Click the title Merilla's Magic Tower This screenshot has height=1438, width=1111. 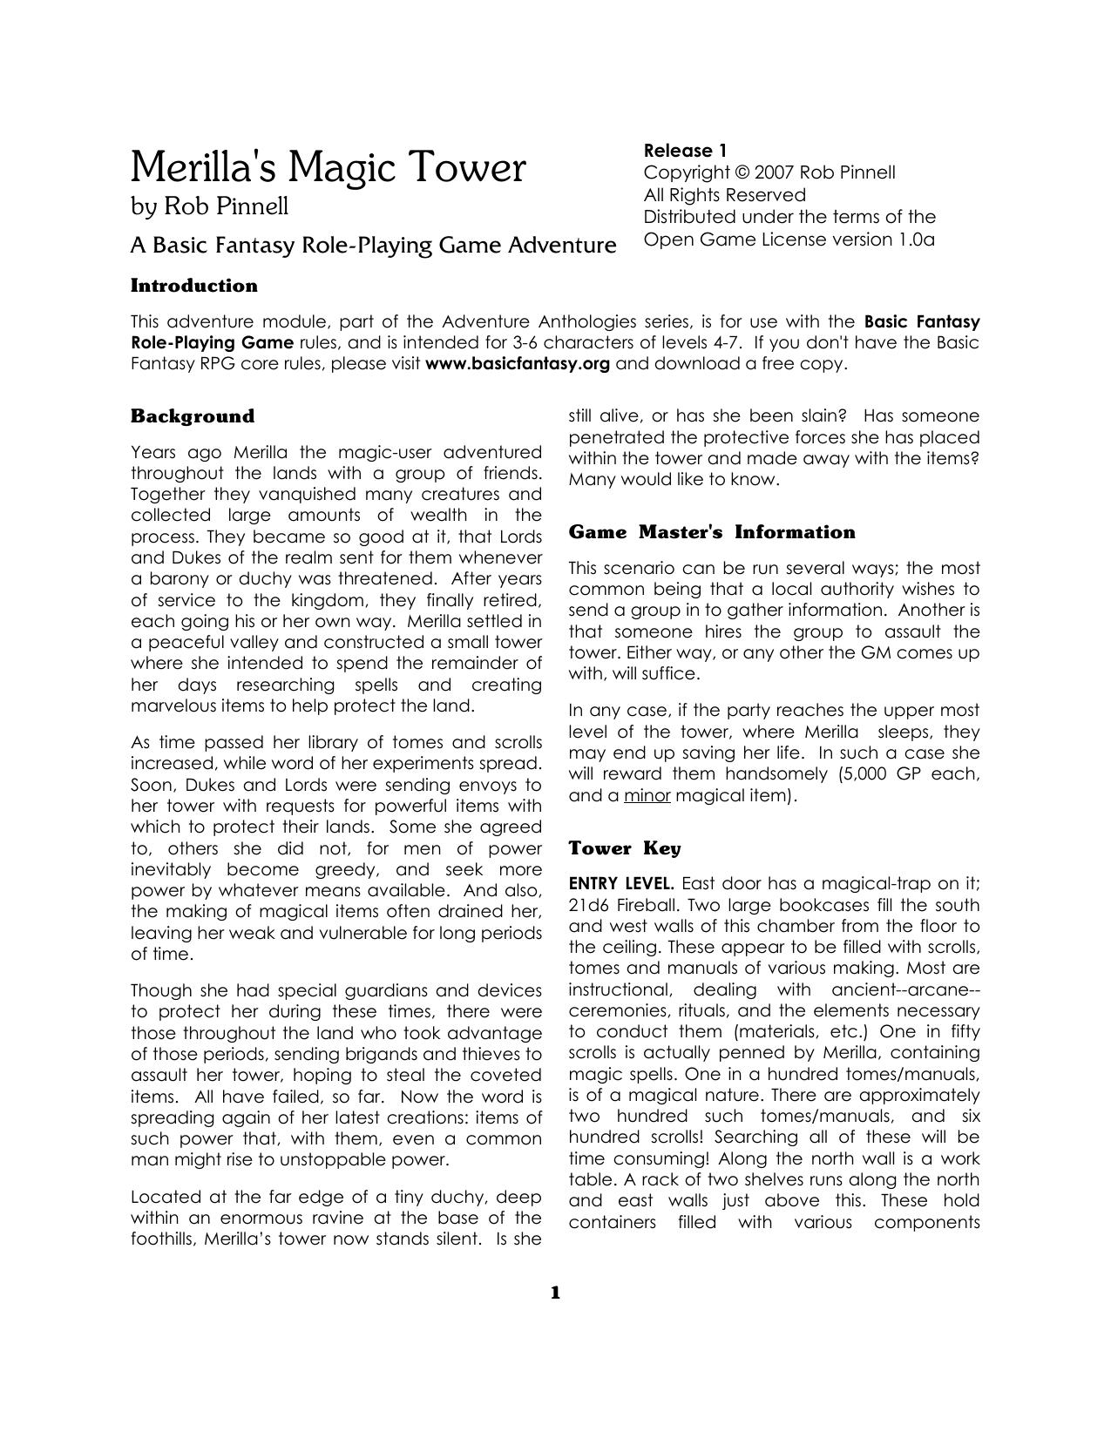click(328, 167)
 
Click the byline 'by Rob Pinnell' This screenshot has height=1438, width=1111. click(209, 206)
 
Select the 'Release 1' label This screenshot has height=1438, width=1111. click(685, 150)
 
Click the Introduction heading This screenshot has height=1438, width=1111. click(193, 286)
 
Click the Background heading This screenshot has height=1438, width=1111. click(192, 416)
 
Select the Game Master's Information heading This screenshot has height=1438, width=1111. click(711, 532)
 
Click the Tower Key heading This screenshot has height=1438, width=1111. click(624, 848)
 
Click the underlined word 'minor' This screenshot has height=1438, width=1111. click(647, 795)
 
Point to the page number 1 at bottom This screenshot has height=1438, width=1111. click(555, 1293)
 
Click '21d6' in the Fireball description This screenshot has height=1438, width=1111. click(590, 905)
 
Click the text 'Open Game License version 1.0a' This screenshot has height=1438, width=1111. click(789, 240)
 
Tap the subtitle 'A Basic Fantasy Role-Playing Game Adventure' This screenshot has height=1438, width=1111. click(373, 246)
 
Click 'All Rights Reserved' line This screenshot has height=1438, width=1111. click(724, 195)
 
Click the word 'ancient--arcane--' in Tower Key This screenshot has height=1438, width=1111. click(905, 989)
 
